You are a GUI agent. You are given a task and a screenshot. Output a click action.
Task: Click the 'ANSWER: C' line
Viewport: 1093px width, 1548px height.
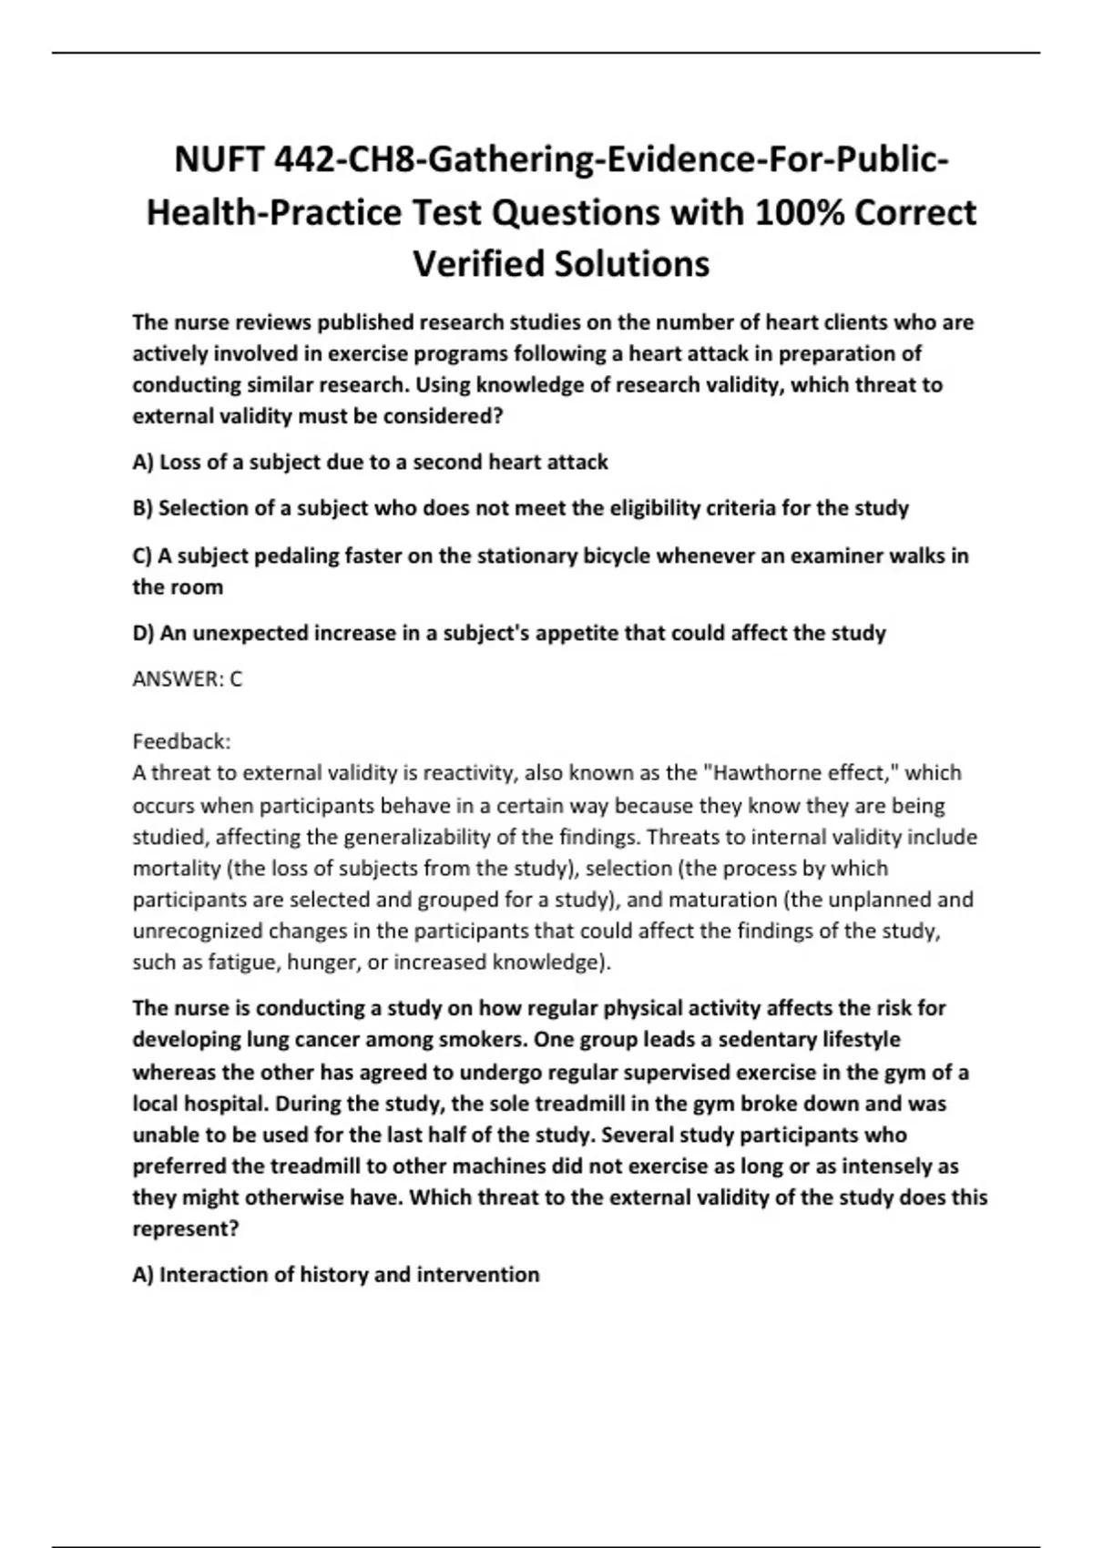pyautogui.click(x=188, y=678)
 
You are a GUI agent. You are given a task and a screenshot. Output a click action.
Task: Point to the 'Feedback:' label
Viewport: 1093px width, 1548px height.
pyautogui.click(x=182, y=740)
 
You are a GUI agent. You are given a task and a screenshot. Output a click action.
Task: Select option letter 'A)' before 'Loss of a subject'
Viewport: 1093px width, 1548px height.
pyautogui.click(x=143, y=462)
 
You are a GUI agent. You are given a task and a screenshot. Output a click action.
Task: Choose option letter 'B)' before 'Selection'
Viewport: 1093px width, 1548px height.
pyautogui.click(x=143, y=508)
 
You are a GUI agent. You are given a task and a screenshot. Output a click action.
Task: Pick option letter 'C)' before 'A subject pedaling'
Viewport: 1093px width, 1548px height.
pyautogui.click(x=143, y=555)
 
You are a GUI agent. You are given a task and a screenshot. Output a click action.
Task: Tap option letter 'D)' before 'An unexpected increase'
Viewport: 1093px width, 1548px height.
pyautogui.click(x=144, y=633)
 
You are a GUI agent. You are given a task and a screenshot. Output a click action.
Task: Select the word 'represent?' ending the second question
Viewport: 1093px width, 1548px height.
pyautogui.click(x=185, y=1228)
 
